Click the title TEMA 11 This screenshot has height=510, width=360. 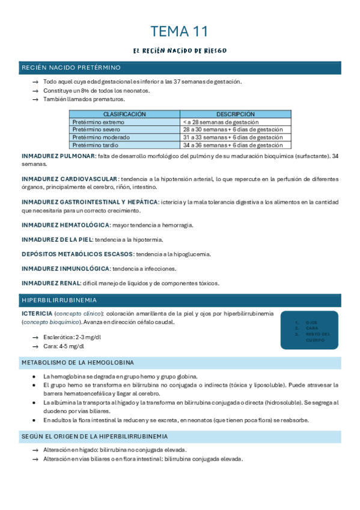[x=180, y=31]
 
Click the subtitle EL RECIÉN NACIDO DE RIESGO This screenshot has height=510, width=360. [x=180, y=51]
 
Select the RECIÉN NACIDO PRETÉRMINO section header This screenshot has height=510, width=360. [x=71, y=67]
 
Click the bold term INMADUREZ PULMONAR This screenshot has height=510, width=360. [x=58, y=156]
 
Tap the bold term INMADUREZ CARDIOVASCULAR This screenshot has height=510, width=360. [x=69, y=179]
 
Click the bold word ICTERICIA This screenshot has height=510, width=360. [x=37, y=314]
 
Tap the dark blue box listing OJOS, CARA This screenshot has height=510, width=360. [x=309, y=330]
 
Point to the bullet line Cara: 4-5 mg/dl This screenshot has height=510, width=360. [x=64, y=346]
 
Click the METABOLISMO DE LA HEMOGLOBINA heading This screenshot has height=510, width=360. [x=78, y=363]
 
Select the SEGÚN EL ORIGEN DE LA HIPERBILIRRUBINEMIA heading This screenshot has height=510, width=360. [x=94, y=436]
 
